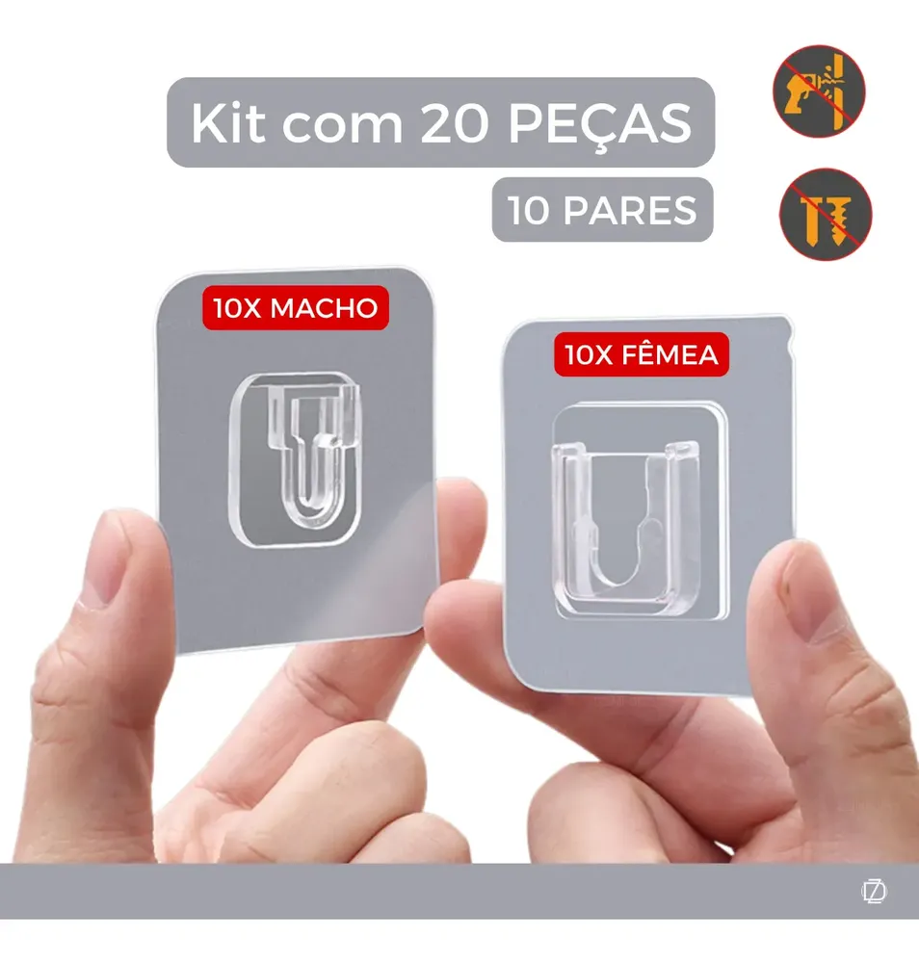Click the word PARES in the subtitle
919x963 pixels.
pos(630,210)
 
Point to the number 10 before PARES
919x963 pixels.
pos(528,210)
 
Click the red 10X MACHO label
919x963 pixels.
pos(296,308)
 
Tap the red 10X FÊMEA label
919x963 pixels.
pos(642,354)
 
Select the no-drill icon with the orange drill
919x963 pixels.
pos(819,91)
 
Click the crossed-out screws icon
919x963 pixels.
pos(825,214)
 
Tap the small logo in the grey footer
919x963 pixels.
pos(874,891)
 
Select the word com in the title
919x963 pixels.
pos(342,126)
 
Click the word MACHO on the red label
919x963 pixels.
pos(324,308)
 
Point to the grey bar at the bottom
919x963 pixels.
pos(459,891)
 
